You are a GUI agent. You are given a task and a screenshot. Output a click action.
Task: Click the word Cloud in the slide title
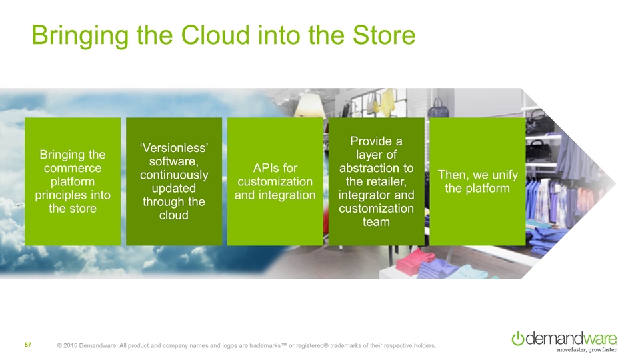[x=215, y=35]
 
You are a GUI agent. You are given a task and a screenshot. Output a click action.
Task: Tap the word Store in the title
[x=384, y=35]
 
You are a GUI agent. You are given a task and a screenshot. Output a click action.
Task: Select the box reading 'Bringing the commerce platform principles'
[x=73, y=181]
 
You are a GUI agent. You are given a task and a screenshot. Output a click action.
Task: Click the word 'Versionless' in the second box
[x=174, y=147]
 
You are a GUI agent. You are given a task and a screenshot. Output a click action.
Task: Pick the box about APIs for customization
[x=275, y=181]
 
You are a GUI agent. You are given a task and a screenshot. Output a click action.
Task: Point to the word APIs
[x=266, y=168]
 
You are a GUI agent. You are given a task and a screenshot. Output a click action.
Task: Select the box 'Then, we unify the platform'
[x=477, y=181]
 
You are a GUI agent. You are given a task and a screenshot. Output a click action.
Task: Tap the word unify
[x=505, y=175]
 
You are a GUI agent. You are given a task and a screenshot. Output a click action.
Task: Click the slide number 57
[x=28, y=345]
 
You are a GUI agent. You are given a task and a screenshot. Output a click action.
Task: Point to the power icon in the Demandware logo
[x=517, y=339]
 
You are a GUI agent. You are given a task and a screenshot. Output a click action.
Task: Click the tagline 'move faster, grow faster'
[x=587, y=350]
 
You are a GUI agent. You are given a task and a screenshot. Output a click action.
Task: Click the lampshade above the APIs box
[x=309, y=105]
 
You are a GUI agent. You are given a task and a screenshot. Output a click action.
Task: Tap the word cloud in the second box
[x=174, y=215]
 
